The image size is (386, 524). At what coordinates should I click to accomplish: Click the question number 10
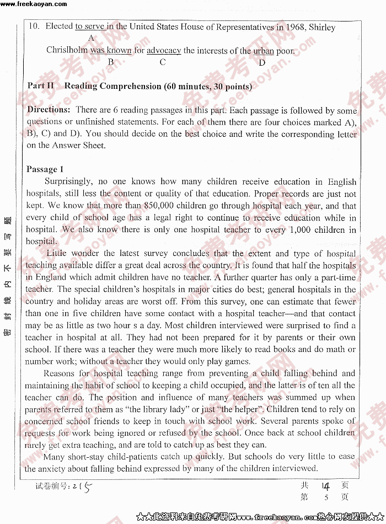tap(34, 26)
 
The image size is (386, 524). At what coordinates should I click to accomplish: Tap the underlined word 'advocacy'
tap(164, 50)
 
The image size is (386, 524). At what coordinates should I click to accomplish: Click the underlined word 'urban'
tap(263, 51)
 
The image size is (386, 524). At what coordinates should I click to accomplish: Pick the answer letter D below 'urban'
tap(262, 62)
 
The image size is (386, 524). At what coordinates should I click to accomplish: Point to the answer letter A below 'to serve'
tap(91, 38)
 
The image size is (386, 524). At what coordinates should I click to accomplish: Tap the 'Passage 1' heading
tap(45, 169)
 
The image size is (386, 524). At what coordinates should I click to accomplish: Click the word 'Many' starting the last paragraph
tap(54, 457)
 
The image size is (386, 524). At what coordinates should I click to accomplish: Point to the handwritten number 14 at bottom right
tap(325, 485)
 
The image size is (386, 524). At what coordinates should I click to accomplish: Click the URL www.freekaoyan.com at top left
tap(34, 4)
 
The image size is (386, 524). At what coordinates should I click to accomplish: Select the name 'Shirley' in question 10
tap(322, 26)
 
